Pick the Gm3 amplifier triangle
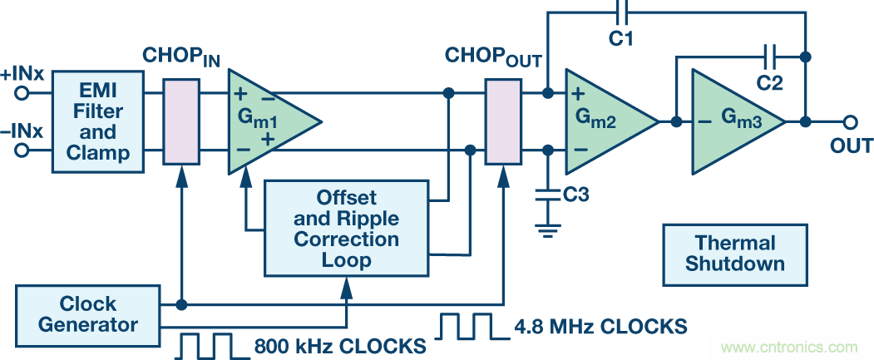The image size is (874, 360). coord(732,121)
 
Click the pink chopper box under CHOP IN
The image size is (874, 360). coord(181,121)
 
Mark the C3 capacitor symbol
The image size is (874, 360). coord(547,194)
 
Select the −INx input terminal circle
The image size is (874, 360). coord(22,150)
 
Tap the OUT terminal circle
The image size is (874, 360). coord(850,122)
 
